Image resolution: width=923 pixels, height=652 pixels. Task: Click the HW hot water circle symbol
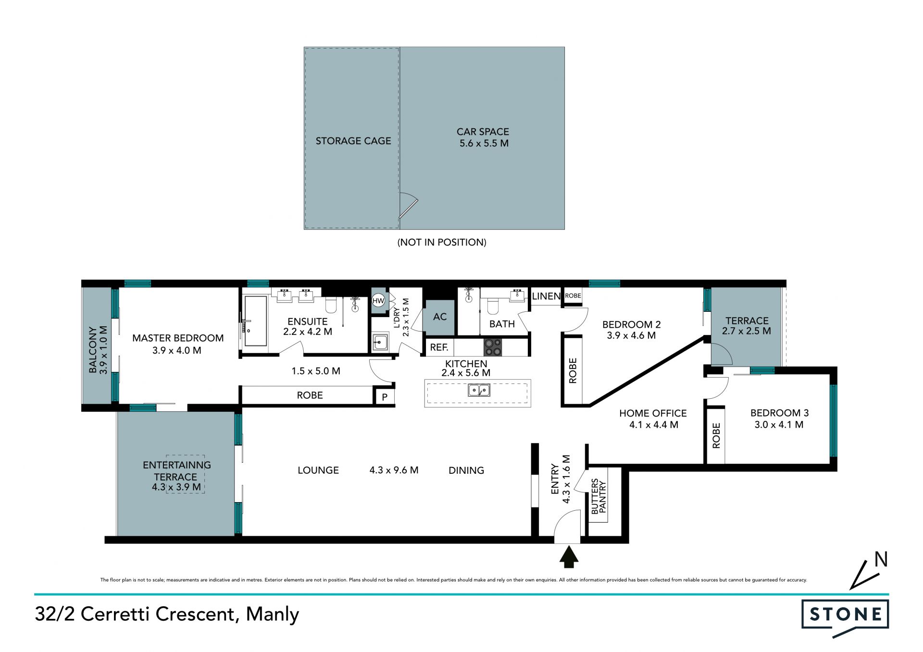point(378,301)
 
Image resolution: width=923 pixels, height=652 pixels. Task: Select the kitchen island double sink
point(479,390)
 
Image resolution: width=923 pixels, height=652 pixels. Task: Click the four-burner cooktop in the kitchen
point(492,347)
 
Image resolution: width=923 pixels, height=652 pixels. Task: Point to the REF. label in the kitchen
point(439,347)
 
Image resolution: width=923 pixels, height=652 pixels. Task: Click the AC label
point(440,317)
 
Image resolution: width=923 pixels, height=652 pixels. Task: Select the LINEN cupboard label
point(546,296)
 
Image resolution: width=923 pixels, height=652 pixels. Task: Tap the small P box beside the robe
point(385,397)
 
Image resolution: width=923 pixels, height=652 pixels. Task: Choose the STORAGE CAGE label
point(353,141)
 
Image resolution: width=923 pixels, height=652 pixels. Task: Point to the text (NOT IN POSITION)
point(442,242)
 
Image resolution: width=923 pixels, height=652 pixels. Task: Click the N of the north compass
point(881,559)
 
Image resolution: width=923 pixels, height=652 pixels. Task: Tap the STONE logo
point(845,617)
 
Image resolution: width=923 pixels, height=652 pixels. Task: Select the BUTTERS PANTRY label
point(599,496)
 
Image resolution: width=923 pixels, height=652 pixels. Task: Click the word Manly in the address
point(273,615)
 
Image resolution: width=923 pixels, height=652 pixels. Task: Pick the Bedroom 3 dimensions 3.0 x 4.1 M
point(779,425)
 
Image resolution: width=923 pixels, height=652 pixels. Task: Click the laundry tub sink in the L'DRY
point(380,342)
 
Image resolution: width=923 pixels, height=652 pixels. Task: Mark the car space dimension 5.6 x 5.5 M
point(484,143)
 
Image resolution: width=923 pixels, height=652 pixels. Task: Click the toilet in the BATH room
point(493,306)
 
